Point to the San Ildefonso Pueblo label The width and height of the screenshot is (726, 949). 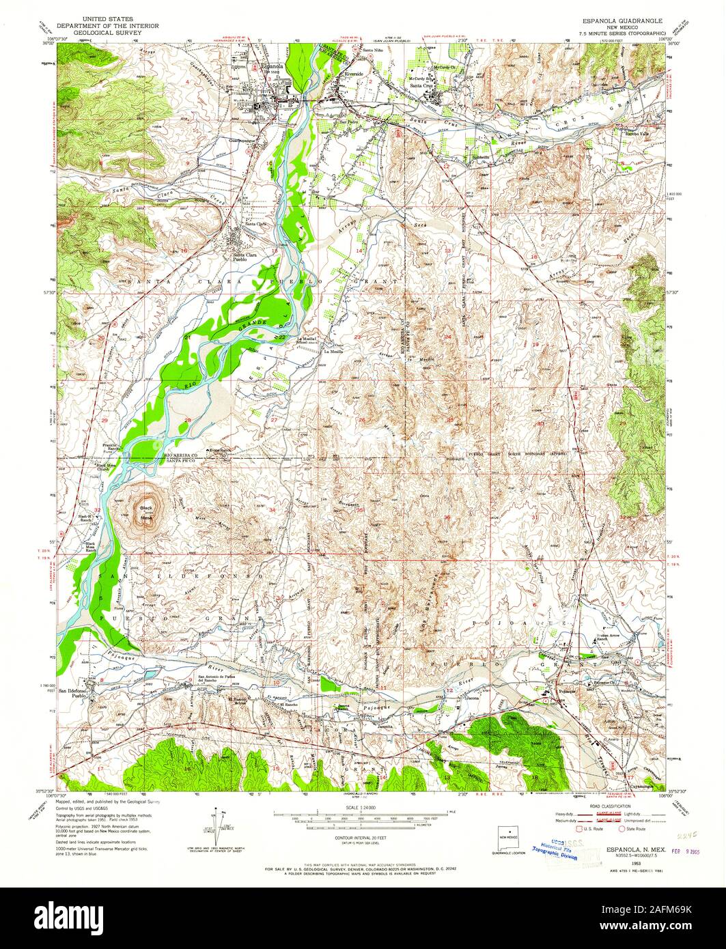pos(74,694)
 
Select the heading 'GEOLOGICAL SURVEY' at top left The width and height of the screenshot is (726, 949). pos(107,32)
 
